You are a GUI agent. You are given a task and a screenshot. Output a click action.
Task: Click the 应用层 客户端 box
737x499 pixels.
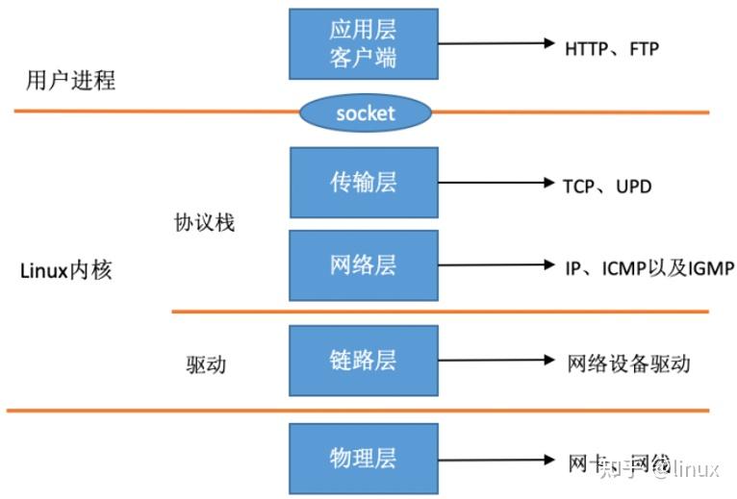tap(364, 44)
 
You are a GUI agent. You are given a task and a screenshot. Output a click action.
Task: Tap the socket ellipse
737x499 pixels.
tap(365, 113)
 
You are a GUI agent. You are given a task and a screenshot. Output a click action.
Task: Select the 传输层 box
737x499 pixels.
tap(364, 183)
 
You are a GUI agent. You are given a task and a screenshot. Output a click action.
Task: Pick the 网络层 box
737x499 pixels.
tap(364, 265)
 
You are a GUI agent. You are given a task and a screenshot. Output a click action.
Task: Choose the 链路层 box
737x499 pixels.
tap(364, 361)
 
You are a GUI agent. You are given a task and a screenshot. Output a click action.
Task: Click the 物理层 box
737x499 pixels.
tap(364, 457)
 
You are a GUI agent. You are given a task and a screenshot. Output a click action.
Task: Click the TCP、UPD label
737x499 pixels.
tap(606, 186)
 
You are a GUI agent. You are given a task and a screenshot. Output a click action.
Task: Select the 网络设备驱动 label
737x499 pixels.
tap(629, 362)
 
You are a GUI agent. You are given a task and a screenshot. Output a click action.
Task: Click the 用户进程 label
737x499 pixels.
tap(70, 80)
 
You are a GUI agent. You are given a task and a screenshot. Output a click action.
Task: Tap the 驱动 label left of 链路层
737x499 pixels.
tap(210, 365)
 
